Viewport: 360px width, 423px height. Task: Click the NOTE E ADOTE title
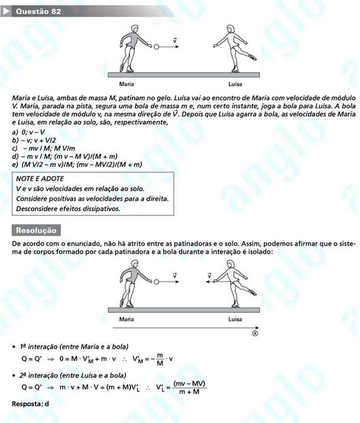(x=40, y=179)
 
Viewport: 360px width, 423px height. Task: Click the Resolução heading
(x=36, y=230)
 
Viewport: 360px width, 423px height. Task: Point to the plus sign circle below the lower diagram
(x=255, y=333)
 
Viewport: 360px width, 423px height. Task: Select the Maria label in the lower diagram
(x=126, y=319)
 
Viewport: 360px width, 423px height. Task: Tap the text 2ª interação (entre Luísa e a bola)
(x=73, y=375)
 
